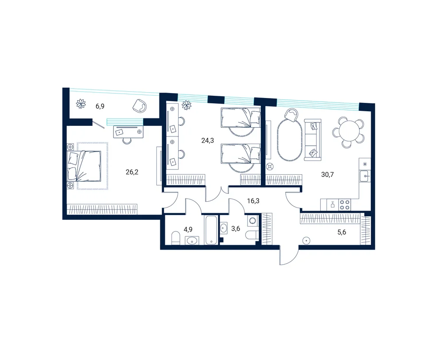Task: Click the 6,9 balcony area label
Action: (100, 106)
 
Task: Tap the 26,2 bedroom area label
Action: (132, 172)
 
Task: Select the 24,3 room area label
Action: (207, 140)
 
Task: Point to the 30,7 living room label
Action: (327, 175)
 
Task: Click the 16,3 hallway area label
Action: (253, 201)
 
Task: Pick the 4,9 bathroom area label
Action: (188, 229)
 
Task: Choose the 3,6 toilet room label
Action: (236, 228)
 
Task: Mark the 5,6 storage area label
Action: (342, 232)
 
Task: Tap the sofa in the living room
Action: (312, 140)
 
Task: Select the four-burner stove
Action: (344, 204)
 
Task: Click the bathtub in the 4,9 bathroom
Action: (211, 230)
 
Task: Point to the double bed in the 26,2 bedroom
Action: (84, 166)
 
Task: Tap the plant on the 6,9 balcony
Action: (81, 103)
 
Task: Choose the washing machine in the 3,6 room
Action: (253, 220)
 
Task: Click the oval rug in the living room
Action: (287, 140)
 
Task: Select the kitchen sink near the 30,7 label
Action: (365, 176)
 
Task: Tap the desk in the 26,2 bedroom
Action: (128, 132)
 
